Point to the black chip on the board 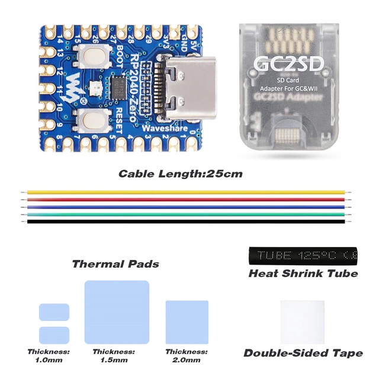119,83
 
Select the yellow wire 185,192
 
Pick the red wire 185,200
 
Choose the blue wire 185,207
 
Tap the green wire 185,214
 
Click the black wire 185,221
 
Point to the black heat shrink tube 303,255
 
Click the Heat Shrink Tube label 303,274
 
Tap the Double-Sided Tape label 303,353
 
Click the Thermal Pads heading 115,264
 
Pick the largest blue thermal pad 117,312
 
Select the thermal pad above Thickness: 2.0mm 187,322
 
